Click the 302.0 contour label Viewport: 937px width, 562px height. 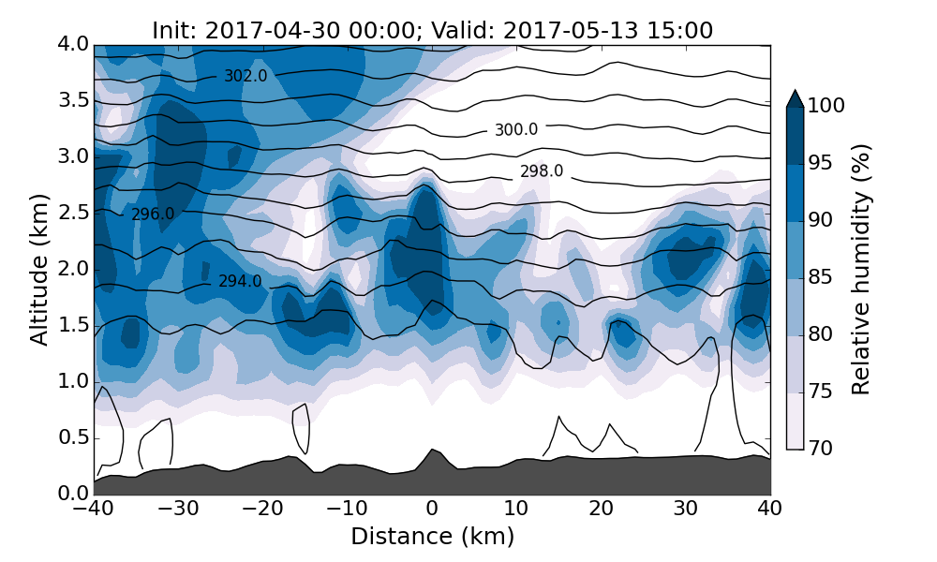[245, 77]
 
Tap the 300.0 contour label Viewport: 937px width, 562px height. [516, 130]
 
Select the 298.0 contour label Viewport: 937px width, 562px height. [542, 171]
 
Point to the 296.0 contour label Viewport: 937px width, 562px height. [153, 214]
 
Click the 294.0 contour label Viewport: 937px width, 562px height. [240, 281]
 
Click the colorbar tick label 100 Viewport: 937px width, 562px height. [826, 107]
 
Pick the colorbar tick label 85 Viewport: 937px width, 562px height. [821, 278]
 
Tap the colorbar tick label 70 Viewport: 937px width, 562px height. [821, 450]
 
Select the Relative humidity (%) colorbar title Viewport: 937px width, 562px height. [862, 270]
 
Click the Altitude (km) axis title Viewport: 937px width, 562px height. [39, 269]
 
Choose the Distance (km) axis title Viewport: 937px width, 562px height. [432, 537]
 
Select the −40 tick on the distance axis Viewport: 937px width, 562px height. [94, 510]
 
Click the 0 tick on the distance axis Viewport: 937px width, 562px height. [432, 510]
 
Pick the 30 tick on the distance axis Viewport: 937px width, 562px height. [686, 510]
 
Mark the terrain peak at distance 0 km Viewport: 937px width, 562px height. [432, 451]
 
